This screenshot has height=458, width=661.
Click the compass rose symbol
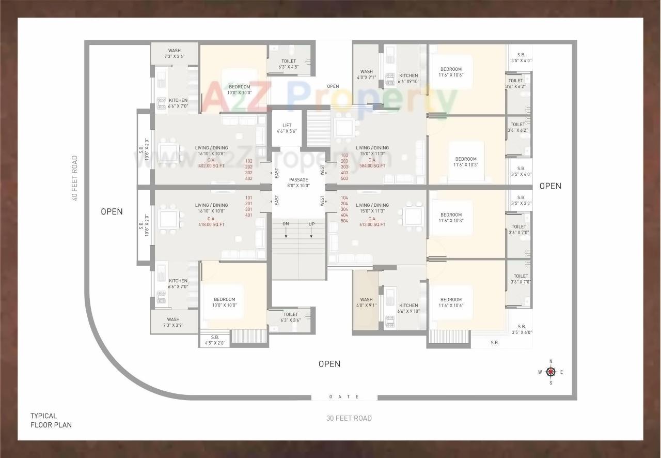click(550, 372)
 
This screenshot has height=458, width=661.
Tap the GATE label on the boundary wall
click(344, 397)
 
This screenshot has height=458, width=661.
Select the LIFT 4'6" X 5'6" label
click(287, 128)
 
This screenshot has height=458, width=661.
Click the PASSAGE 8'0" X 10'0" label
click(298, 182)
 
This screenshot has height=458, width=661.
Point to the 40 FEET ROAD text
click(75, 178)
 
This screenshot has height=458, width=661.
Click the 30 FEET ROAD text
click(349, 418)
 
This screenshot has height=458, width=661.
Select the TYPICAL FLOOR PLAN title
click(51, 420)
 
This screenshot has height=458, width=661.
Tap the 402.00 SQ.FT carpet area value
click(211, 166)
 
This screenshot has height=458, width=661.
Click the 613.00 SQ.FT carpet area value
click(372, 224)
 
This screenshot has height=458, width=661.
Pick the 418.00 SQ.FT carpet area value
click(211, 224)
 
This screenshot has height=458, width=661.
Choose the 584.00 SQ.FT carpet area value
click(372, 166)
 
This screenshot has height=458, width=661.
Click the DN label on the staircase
click(286, 223)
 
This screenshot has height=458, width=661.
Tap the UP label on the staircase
click(311, 223)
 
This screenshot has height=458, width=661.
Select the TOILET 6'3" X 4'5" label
click(289, 64)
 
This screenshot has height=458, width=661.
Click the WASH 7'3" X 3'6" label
click(174, 53)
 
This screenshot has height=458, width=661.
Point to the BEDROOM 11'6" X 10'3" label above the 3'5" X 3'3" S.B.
click(451, 218)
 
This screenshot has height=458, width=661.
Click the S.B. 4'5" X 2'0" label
click(215, 340)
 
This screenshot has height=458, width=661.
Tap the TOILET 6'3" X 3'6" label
click(290, 317)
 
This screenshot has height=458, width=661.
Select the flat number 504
click(344, 221)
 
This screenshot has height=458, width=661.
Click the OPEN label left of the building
click(112, 211)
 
